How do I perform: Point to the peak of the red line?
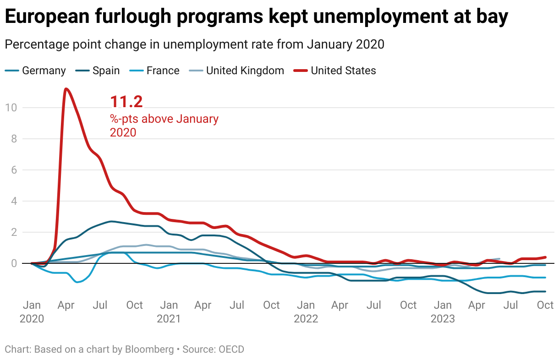coord(66,88)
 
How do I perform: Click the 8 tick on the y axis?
coord(13,139)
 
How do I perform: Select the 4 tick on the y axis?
coord(13,201)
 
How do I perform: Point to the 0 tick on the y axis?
coord(13,263)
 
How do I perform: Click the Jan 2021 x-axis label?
coord(169,311)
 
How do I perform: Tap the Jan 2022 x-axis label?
coord(306,311)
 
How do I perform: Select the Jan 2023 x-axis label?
coord(443,311)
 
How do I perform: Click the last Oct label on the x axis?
coord(545,305)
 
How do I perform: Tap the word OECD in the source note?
coord(231,349)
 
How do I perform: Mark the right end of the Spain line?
coord(545,291)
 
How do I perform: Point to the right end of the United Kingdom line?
coord(499,259)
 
